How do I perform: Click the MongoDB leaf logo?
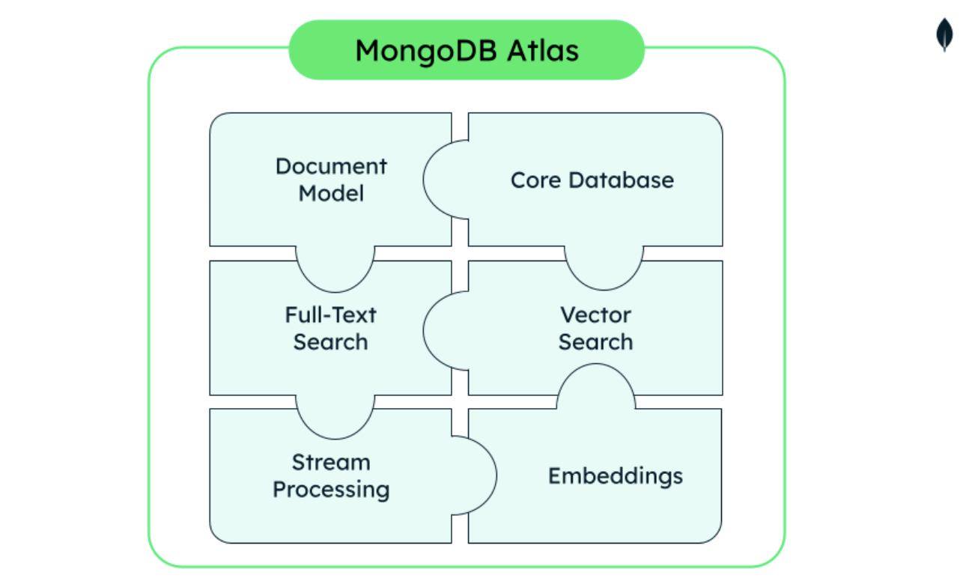pos(945,34)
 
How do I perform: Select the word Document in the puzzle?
pos(331,166)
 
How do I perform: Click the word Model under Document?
pos(331,193)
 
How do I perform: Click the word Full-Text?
pos(330,314)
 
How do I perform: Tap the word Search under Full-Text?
pos(330,342)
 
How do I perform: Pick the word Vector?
pos(595,314)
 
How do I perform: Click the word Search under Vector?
pos(595,342)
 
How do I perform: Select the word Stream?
pos(331,462)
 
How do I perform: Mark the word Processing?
pos(331,490)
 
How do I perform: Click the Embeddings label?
pos(615,476)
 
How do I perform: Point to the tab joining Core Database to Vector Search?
pos(604,267)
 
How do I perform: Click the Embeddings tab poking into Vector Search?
pos(596,386)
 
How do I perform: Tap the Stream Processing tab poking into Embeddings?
pos(476,475)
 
